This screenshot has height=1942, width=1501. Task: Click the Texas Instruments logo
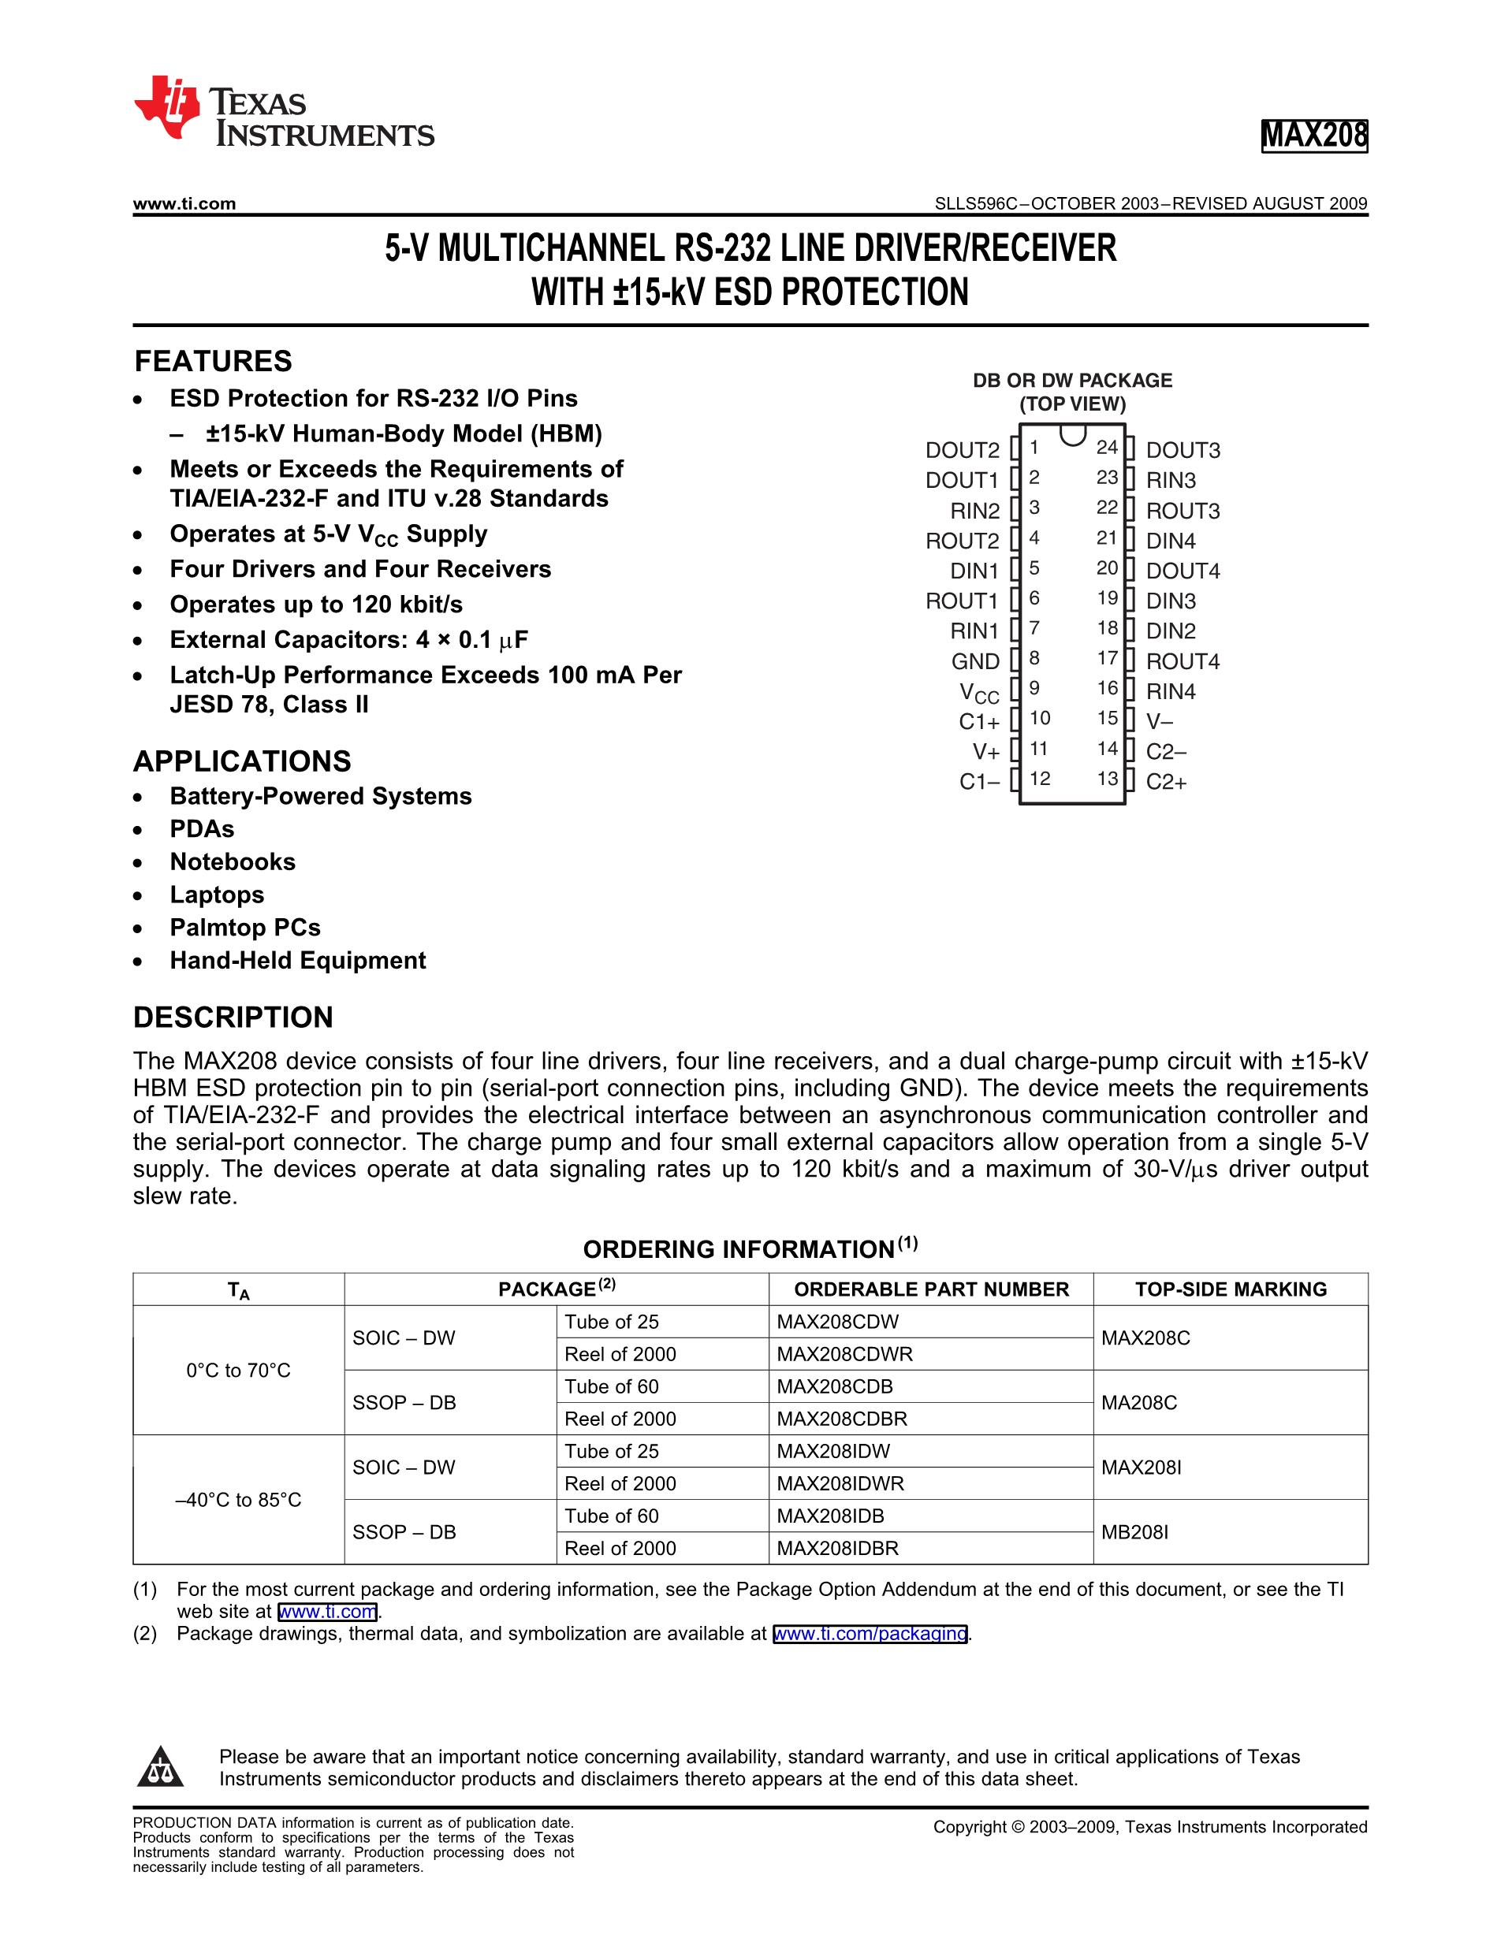[x=283, y=111]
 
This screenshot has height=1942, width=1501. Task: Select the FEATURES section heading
[x=213, y=361]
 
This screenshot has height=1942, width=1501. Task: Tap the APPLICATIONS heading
[x=242, y=761]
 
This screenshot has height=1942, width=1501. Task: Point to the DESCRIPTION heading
[x=233, y=1018]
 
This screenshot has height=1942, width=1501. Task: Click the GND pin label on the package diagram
[x=974, y=661]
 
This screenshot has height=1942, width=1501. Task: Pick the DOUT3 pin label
[x=1183, y=451]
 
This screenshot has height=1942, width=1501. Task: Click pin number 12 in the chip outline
[x=1040, y=779]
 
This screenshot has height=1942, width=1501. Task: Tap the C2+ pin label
[x=1166, y=783]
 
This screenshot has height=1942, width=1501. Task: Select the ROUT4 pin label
[x=1183, y=661]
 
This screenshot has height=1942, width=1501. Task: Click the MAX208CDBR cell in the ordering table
[x=841, y=1419]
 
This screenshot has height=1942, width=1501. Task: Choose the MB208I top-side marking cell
[x=1134, y=1532]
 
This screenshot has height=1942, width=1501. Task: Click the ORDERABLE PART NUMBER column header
[x=931, y=1289]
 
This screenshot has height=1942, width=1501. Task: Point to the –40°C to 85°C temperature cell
[x=238, y=1500]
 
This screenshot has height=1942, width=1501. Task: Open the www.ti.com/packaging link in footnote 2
[x=870, y=1634]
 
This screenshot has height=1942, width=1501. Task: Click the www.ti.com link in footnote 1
[x=327, y=1611]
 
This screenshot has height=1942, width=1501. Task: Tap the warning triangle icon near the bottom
[x=160, y=1768]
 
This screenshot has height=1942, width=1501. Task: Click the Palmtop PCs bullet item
[x=244, y=928]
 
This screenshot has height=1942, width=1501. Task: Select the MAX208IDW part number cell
[x=832, y=1451]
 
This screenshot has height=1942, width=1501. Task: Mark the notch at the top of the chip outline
[x=1072, y=436]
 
